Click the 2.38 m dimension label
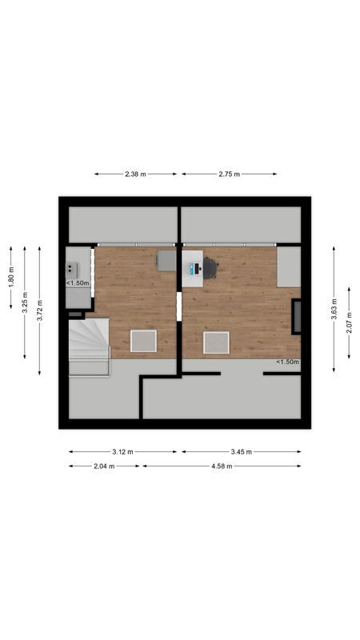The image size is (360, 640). [135, 174]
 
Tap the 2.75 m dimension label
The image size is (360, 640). [229, 174]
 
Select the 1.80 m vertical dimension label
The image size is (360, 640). [11, 277]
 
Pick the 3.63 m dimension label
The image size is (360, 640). [334, 309]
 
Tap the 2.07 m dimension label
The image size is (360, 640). [350, 322]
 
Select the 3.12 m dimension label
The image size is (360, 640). [123, 451]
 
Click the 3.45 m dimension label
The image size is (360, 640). [241, 451]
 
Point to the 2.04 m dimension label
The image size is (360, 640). [103, 466]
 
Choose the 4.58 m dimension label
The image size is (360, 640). [222, 466]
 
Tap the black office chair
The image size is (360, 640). [210, 267]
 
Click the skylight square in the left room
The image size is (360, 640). [144, 342]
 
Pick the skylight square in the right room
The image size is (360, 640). [216, 342]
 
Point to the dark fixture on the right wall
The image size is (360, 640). [297, 316]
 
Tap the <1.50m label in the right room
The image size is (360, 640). [287, 362]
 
